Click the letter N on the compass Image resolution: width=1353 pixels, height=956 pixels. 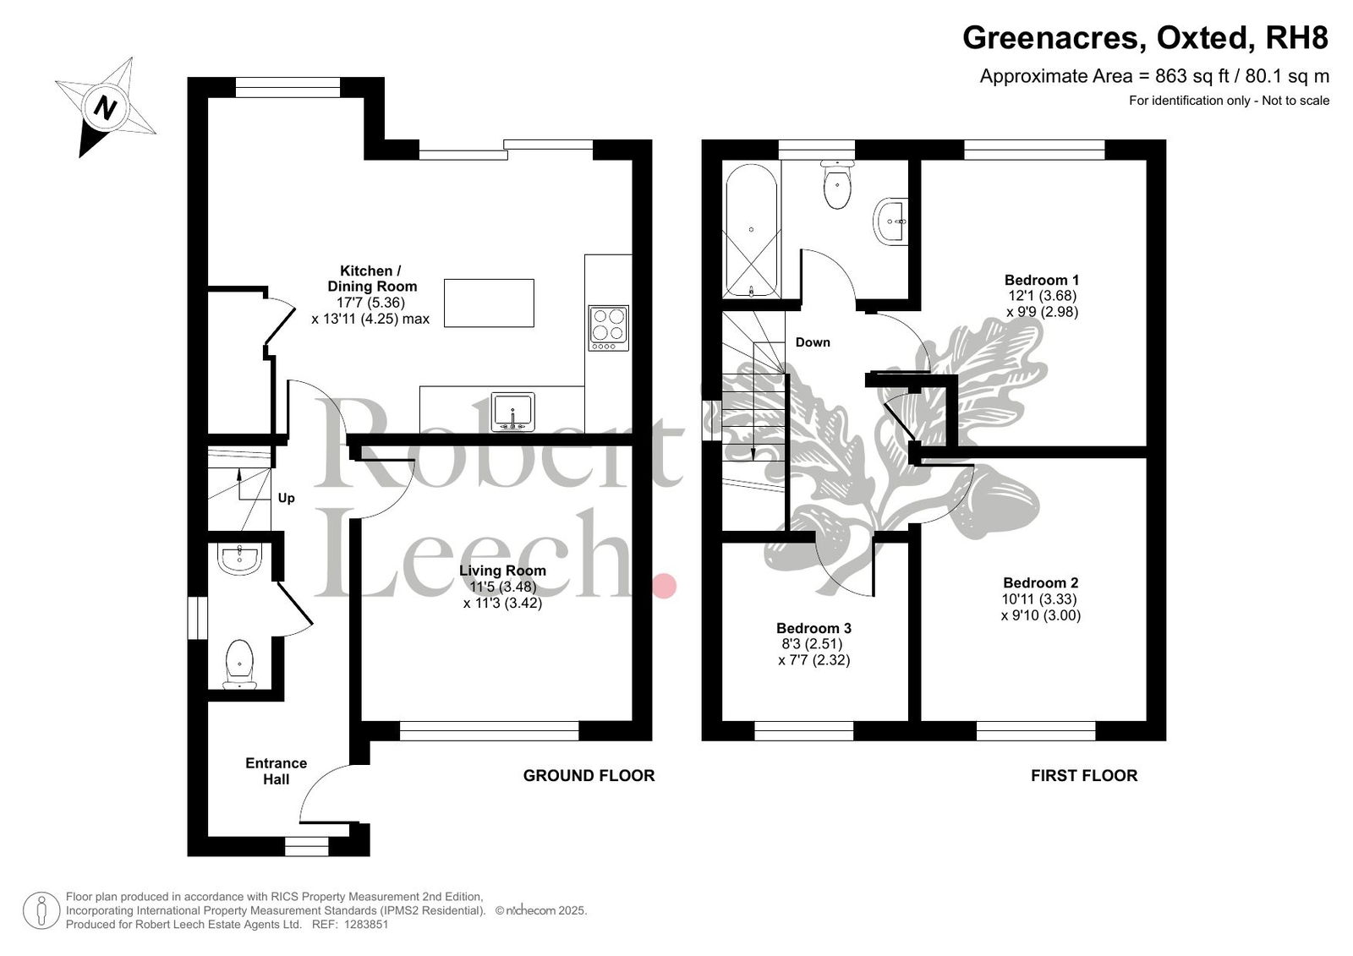click(x=105, y=108)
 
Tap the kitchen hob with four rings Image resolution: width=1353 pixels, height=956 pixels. click(x=608, y=328)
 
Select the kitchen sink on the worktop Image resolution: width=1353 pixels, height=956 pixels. click(x=512, y=412)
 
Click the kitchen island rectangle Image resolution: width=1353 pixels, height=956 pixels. click(x=489, y=303)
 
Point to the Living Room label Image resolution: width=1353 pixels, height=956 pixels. click(x=502, y=570)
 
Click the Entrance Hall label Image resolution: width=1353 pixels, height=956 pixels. click(x=276, y=771)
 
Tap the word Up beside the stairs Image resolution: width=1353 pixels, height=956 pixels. click(x=287, y=498)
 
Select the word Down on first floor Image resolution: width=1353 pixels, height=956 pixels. click(x=813, y=342)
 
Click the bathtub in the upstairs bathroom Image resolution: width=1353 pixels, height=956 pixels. click(x=752, y=231)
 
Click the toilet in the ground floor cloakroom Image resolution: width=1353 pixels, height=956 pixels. click(x=240, y=664)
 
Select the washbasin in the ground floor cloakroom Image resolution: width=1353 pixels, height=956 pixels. click(x=240, y=559)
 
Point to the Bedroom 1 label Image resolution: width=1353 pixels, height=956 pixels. click(x=1042, y=280)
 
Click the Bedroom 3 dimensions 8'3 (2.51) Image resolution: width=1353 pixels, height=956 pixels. click(x=812, y=644)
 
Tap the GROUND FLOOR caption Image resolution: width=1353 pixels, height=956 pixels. click(x=589, y=776)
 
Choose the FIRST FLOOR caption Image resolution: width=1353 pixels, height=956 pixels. click(x=1084, y=776)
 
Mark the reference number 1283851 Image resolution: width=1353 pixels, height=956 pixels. click(x=366, y=925)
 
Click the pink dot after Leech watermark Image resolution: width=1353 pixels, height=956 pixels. click(x=665, y=586)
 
